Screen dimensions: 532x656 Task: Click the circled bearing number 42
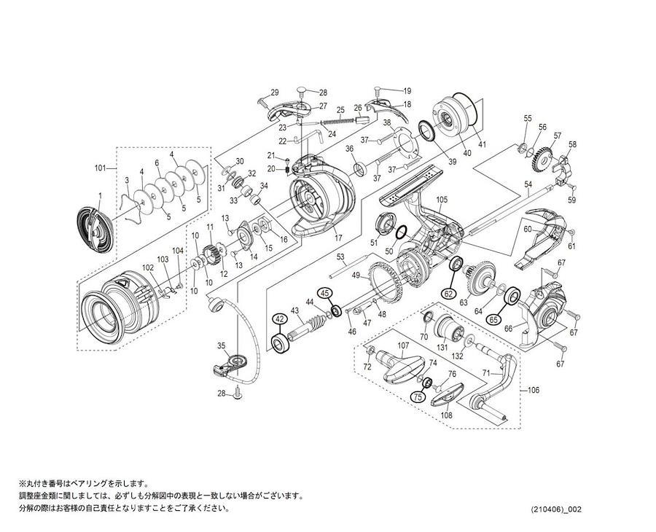click(278, 318)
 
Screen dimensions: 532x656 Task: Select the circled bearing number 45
click(325, 293)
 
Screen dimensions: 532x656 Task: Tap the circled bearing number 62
click(449, 294)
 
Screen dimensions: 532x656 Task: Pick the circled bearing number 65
click(493, 318)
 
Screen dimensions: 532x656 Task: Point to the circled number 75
click(418, 396)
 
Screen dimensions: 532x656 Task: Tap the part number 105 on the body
click(441, 200)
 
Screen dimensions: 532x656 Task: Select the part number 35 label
click(222, 345)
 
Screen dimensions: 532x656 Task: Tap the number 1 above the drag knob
click(100, 195)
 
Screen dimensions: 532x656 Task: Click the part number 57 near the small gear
click(557, 136)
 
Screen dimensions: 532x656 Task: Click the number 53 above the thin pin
click(340, 257)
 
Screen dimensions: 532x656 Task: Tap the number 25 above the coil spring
click(340, 110)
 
